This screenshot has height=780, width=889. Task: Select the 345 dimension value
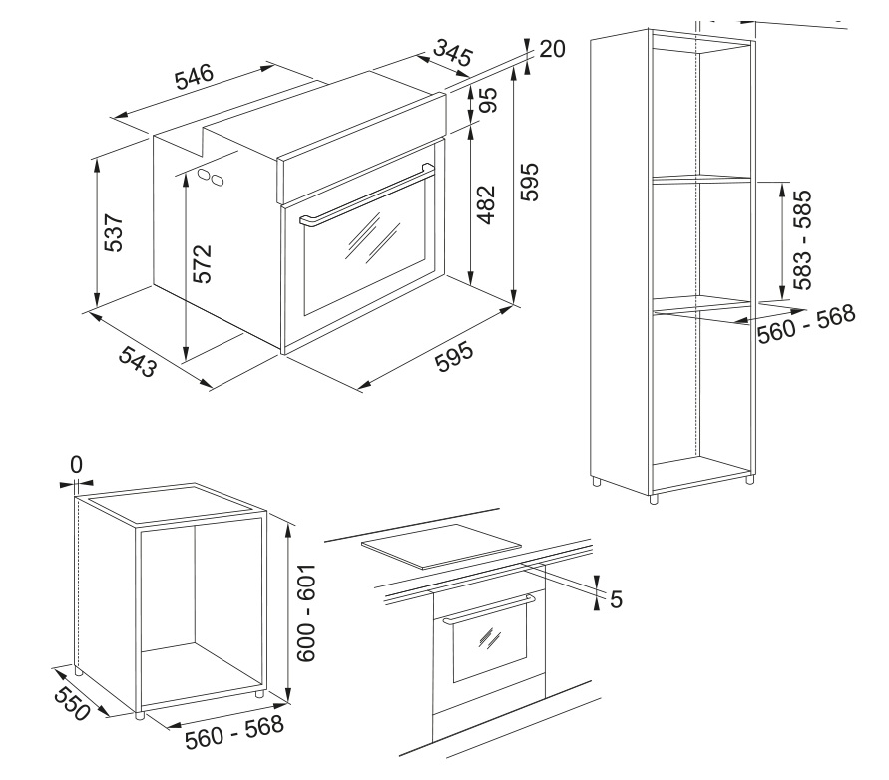453,54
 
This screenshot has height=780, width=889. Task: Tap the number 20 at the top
552,48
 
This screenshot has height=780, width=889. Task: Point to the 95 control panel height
488,101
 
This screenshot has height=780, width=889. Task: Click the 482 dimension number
486,204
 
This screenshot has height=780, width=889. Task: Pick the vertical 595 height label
530,183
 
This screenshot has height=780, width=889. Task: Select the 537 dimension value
113,232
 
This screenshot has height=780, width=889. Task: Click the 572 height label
203,264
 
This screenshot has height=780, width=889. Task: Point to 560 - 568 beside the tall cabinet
806,323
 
